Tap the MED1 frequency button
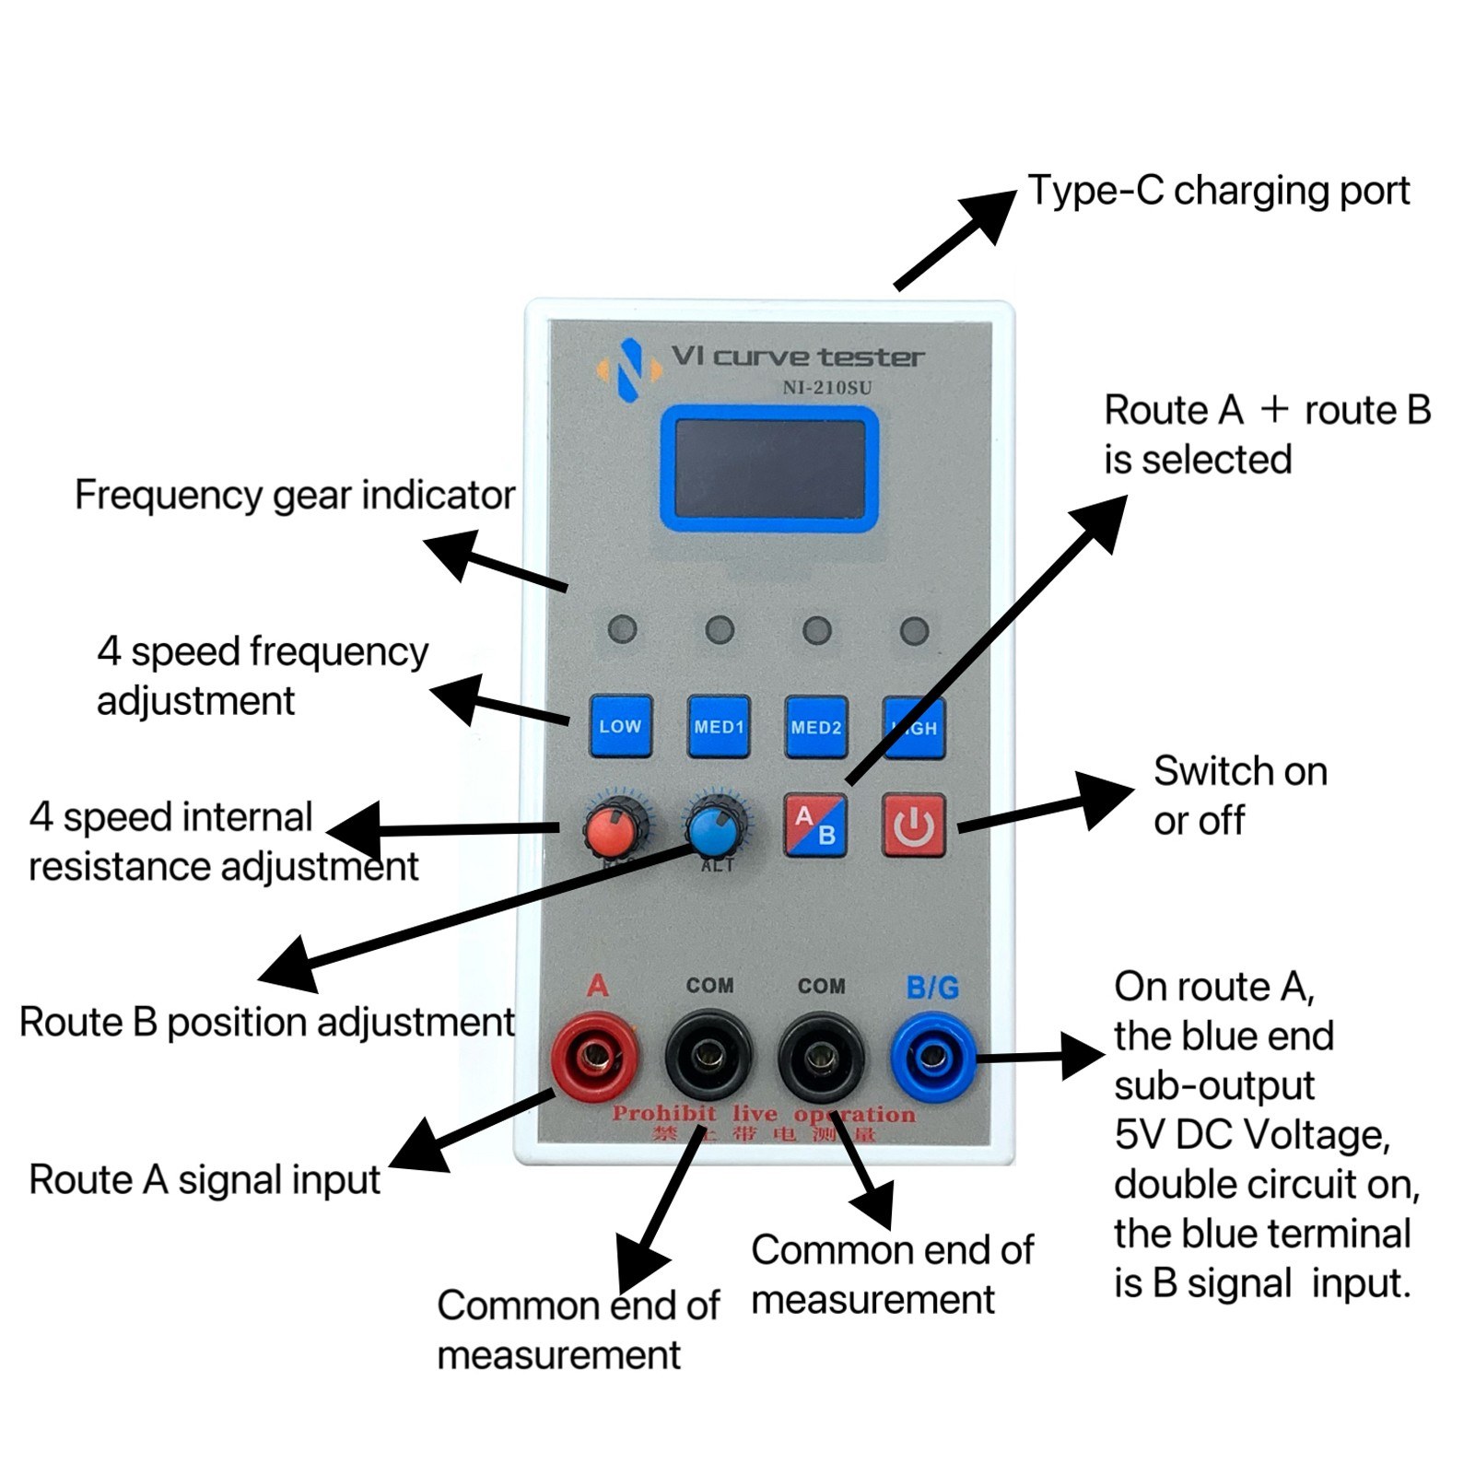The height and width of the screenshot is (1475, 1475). [x=719, y=727]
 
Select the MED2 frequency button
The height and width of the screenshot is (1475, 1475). [x=816, y=727]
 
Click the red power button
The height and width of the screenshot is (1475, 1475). [x=913, y=825]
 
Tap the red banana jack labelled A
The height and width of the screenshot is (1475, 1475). [x=595, y=1056]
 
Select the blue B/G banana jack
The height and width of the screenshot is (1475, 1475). [x=933, y=1056]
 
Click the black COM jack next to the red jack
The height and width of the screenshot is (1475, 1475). [x=708, y=1056]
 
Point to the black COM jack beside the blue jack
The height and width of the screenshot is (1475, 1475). [x=821, y=1056]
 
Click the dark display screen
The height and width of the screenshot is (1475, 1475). [x=769, y=469]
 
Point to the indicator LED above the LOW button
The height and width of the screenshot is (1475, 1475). [x=622, y=630]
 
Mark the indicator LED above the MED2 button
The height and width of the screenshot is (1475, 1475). [x=816, y=630]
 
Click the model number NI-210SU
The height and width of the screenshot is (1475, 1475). [x=826, y=388]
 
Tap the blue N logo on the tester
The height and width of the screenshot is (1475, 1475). [x=629, y=369]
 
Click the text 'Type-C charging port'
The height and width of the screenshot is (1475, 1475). [x=1218, y=191]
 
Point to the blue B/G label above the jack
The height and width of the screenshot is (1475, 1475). [x=932, y=988]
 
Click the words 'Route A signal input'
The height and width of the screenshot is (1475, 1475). [x=205, y=1180]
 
